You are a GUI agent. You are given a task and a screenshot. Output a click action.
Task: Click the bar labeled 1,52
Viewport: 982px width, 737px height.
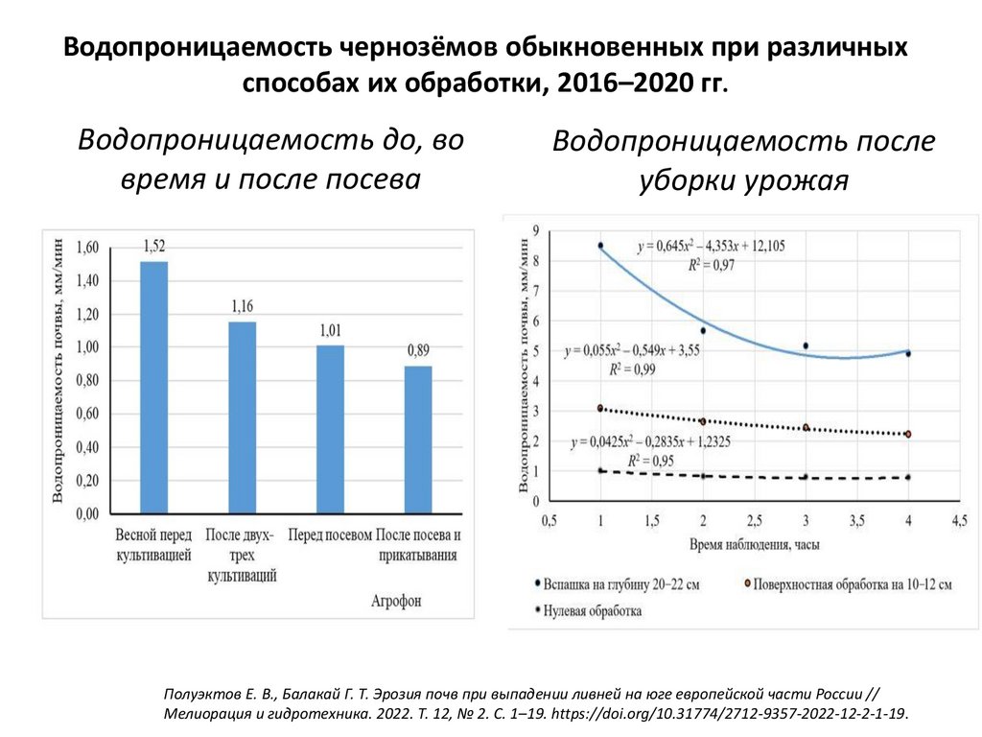pos(153,387)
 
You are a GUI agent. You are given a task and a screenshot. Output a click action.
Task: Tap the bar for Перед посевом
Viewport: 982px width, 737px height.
pos(330,429)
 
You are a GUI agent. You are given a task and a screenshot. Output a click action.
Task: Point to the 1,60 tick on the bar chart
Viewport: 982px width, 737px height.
pos(85,248)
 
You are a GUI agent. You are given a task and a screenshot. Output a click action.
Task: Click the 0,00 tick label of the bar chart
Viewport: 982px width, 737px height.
pos(85,514)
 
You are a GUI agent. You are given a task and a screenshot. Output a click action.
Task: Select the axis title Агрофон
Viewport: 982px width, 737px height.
pos(396,602)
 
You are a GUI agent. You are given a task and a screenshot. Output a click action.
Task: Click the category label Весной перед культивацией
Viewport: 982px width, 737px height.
pos(153,544)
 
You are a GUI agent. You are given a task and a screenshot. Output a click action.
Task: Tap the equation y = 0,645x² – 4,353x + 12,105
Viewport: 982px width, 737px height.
pos(711,247)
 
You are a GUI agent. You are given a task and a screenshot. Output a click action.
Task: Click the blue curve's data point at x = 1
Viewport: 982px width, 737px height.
pos(600,246)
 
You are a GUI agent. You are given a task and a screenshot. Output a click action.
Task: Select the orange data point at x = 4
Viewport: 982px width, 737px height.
pos(908,434)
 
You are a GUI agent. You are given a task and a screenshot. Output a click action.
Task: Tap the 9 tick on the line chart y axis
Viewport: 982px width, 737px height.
pos(535,229)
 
